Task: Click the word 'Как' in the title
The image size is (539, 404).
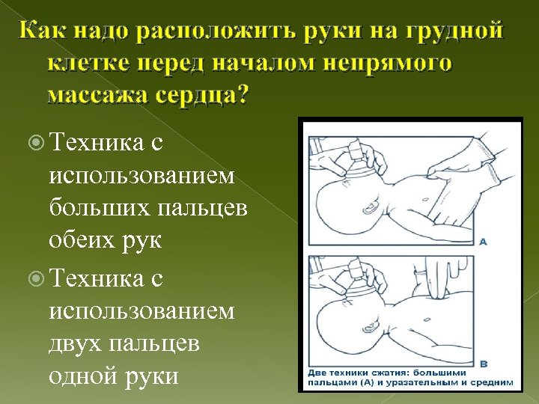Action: pos(43,33)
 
